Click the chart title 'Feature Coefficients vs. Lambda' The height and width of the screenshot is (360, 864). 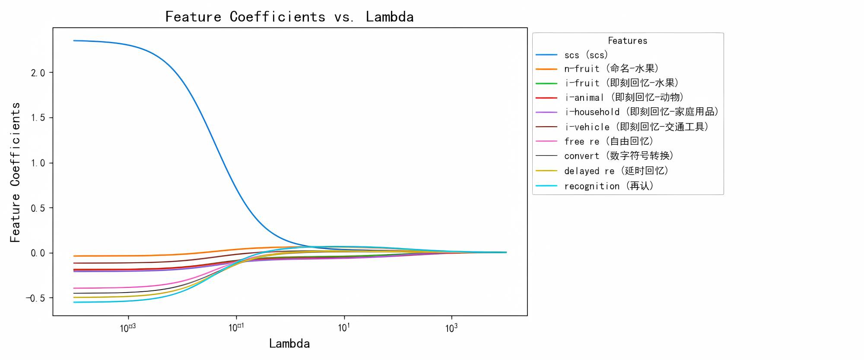click(289, 17)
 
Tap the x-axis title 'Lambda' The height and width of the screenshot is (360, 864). click(289, 344)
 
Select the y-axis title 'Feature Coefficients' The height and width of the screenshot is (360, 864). click(15, 172)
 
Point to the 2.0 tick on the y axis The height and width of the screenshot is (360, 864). click(38, 73)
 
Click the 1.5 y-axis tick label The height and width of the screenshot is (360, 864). click(38, 118)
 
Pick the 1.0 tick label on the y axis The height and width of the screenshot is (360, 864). click(38, 163)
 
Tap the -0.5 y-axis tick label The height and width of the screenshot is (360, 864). click(35, 298)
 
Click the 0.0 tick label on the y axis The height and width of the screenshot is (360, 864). click(38, 253)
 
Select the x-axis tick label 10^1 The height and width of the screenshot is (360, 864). click(344, 328)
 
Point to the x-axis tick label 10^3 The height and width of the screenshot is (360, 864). click(451, 328)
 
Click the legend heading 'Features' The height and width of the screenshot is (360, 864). click(627, 41)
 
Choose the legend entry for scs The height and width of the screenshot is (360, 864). click(586, 55)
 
